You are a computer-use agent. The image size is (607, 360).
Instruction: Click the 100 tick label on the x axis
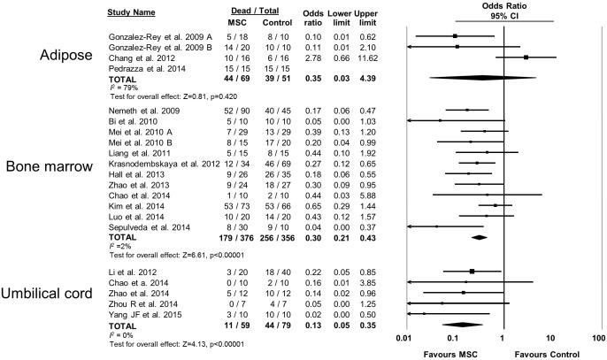point(598,339)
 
